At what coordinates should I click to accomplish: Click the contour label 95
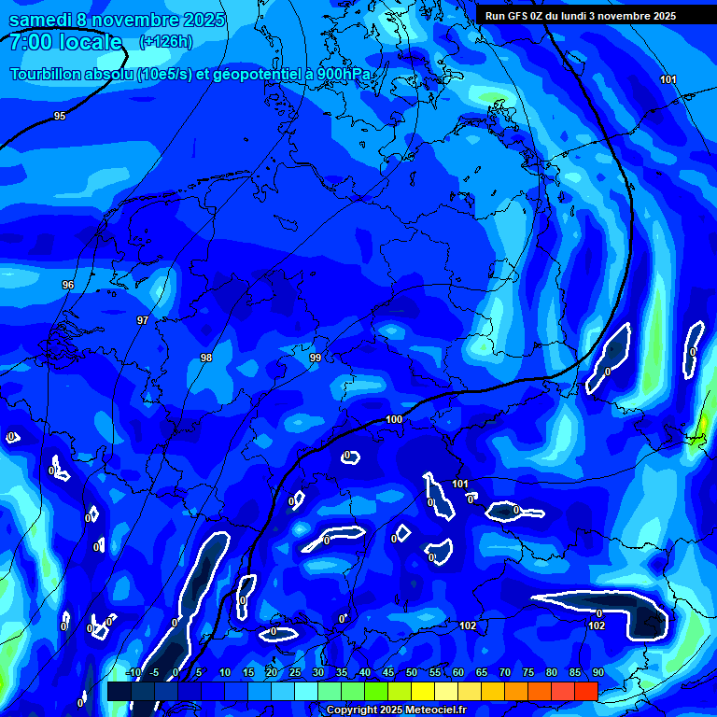tap(60, 116)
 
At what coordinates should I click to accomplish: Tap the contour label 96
tap(67, 285)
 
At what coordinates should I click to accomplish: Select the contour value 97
tap(142, 320)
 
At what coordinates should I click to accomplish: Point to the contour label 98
tap(205, 358)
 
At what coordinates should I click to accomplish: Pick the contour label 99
tap(316, 358)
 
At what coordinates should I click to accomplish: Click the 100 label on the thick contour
tap(394, 420)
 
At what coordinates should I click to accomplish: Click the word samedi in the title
tap(43, 20)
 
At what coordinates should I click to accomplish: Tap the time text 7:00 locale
tap(65, 42)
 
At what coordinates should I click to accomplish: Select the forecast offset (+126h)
tap(165, 42)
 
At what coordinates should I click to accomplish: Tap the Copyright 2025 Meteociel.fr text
tap(396, 710)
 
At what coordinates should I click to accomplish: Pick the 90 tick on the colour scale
tap(597, 673)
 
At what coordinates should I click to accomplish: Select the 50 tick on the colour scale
tap(412, 673)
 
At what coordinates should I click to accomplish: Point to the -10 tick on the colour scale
tap(133, 673)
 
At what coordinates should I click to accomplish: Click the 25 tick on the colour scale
tap(295, 673)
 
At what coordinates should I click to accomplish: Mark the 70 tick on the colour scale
tap(505, 673)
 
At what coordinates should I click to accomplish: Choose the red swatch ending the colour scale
tap(585, 691)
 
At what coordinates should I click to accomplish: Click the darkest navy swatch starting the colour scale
tap(119, 691)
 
